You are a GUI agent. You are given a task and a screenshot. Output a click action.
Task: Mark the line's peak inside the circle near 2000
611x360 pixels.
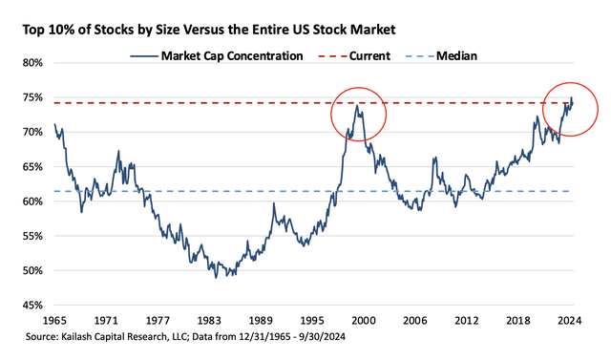tap(356, 106)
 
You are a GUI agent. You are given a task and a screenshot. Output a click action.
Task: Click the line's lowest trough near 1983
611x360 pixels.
tap(217, 278)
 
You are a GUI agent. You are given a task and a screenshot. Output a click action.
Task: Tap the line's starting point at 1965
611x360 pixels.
tap(55, 124)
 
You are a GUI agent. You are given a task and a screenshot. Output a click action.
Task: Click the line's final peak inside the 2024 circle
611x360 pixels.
tap(571, 97)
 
